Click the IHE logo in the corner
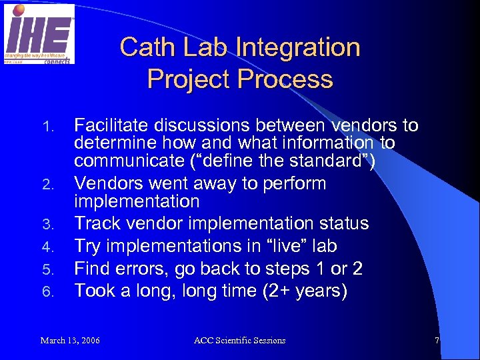[x=39, y=33]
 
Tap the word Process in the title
[x=286, y=79]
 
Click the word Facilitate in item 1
[x=113, y=125]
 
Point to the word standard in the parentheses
[x=329, y=161]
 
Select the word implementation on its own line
[x=137, y=201]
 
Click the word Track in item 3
[x=94, y=223]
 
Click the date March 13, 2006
[x=70, y=341]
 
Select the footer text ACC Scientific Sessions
[x=239, y=341]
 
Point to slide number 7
[x=437, y=341]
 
